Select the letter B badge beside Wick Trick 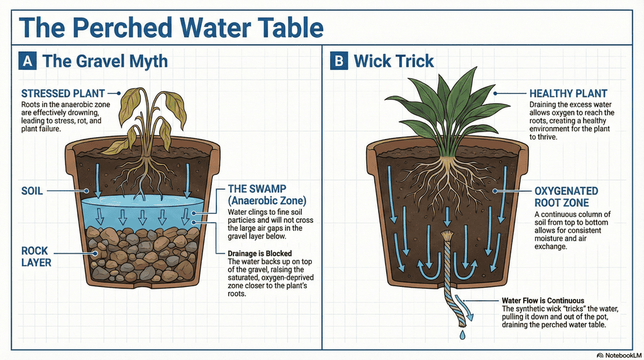click(338, 61)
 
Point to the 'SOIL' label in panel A click(32, 190)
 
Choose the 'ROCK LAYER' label click(38, 255)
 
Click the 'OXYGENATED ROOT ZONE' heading click(565, 196)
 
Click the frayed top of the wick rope click(447, 236)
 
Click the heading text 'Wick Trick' click(394, 61)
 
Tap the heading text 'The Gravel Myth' click(104, 61)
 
